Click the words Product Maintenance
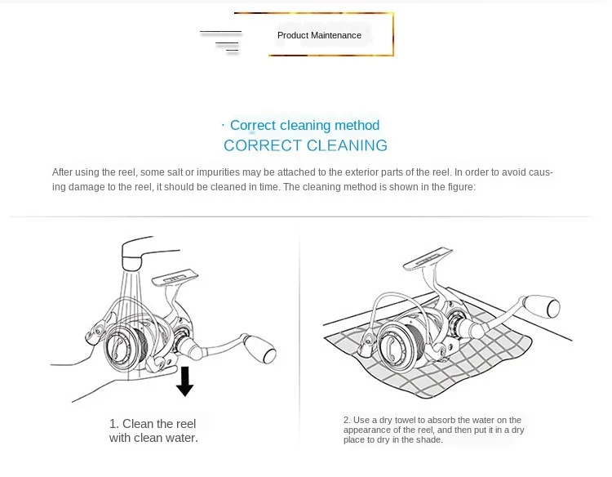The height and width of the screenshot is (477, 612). point(319,35)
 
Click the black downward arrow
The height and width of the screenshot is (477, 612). point(185,381)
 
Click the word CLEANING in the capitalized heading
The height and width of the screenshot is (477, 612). point(347,145)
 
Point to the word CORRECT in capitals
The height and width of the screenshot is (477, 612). point(263,145)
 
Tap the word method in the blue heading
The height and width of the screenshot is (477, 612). point(357,125)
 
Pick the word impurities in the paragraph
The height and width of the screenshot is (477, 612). point(218,172)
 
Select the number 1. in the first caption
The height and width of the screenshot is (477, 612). point(114,424)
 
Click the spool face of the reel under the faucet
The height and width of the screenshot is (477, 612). point(118,346)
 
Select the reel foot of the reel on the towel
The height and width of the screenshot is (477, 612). point(428,258)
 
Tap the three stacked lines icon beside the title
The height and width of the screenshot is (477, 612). point(221,42)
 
